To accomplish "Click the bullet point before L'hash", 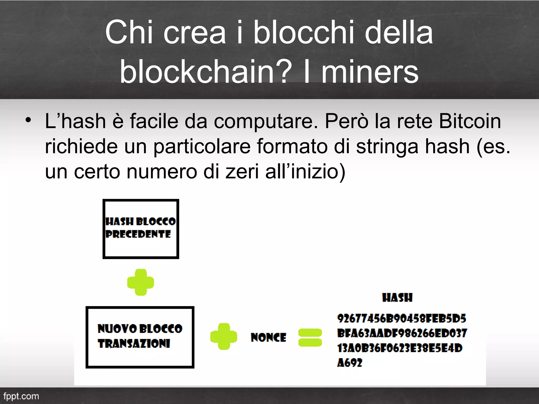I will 28,120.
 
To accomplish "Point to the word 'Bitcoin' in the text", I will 470,121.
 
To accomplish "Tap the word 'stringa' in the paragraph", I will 387,147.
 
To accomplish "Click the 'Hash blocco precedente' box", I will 141,229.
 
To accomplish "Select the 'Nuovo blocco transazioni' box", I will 140,337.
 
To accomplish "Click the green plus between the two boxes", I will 141,282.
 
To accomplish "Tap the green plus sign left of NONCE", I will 223,336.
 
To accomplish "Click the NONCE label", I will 268,337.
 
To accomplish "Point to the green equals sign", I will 310,337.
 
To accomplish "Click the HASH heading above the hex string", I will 397,298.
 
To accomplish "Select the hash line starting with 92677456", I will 401,319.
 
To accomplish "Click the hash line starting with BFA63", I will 402,333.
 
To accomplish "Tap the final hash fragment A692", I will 350,363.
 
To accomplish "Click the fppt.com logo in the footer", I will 21,396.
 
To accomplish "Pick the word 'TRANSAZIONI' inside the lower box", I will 134,344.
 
